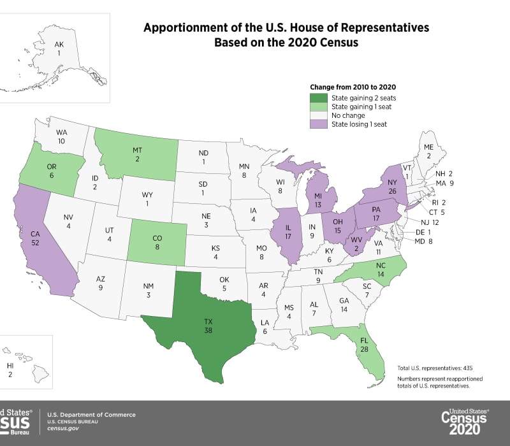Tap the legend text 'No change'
coord(348,115)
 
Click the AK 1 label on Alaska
coord(59,48)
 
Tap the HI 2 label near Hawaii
coord(10,371)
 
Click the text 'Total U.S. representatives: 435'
coord(434,368)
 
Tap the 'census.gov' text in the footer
coord(64,430)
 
